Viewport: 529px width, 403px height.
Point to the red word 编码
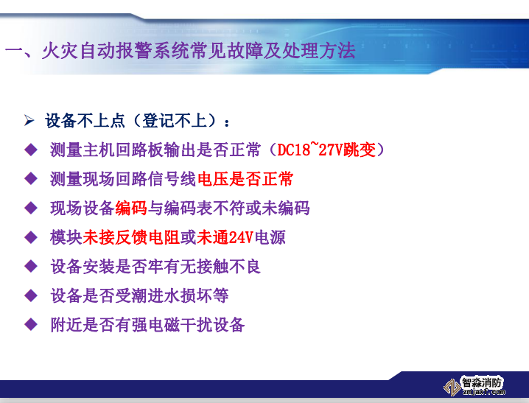click(x=131, y=208)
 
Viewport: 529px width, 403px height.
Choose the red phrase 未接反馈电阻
click(x=131, y=237)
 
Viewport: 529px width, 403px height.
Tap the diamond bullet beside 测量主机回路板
click(x=30, y=150)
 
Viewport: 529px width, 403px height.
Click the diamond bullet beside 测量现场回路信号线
click(x=30, y=179)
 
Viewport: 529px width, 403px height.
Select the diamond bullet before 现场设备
click(x=30, y=208)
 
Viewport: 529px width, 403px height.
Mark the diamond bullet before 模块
click(x=30, y=237)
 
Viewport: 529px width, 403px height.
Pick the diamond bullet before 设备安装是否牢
click(x=30, y=266)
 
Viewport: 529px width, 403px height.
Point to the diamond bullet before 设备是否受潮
click(x=30, y=295)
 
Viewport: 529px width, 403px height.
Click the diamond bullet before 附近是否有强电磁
click(x=30, y=324)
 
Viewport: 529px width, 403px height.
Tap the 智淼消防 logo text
click(x=483, y=383)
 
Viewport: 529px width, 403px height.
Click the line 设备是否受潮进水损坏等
click(x=139, y=295)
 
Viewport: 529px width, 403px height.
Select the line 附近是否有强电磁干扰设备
click(x=147, y=324)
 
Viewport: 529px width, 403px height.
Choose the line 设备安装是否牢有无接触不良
click(x=155, y=266)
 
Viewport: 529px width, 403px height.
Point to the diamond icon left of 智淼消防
click(x=451, y=386)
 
